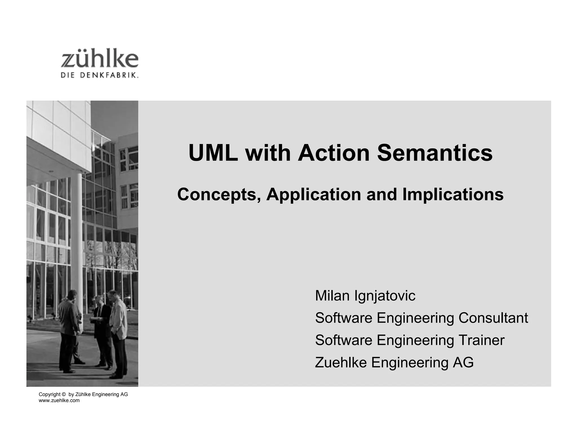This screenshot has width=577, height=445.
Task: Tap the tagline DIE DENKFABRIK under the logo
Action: [x=99, y=75]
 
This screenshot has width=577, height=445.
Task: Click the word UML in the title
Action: [x=213, y=153]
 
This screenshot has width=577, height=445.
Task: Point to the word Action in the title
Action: [x=334, y=153]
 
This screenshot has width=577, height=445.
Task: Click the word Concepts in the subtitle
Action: [x=218, y=195]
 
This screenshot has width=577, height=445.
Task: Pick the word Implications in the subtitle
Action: [x=453, y=195]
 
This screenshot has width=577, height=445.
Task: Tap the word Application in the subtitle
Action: [x=314, y=195]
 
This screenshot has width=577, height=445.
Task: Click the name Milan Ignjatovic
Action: [x=365, y=296]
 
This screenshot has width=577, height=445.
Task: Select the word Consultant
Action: [x=493, y=318]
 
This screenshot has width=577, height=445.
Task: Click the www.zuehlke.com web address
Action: [x=59, y=401]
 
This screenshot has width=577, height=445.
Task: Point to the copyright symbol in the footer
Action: [x=63, y=395]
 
